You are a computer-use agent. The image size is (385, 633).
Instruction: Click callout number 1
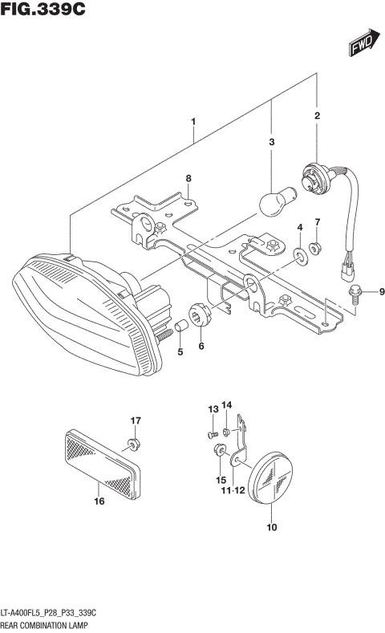tap(193, 122)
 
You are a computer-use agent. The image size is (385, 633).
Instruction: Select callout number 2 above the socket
tap(318, 116)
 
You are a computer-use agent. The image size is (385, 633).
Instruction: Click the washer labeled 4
tap(300, 255)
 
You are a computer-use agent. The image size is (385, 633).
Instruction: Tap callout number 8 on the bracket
tap(188, 178)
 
